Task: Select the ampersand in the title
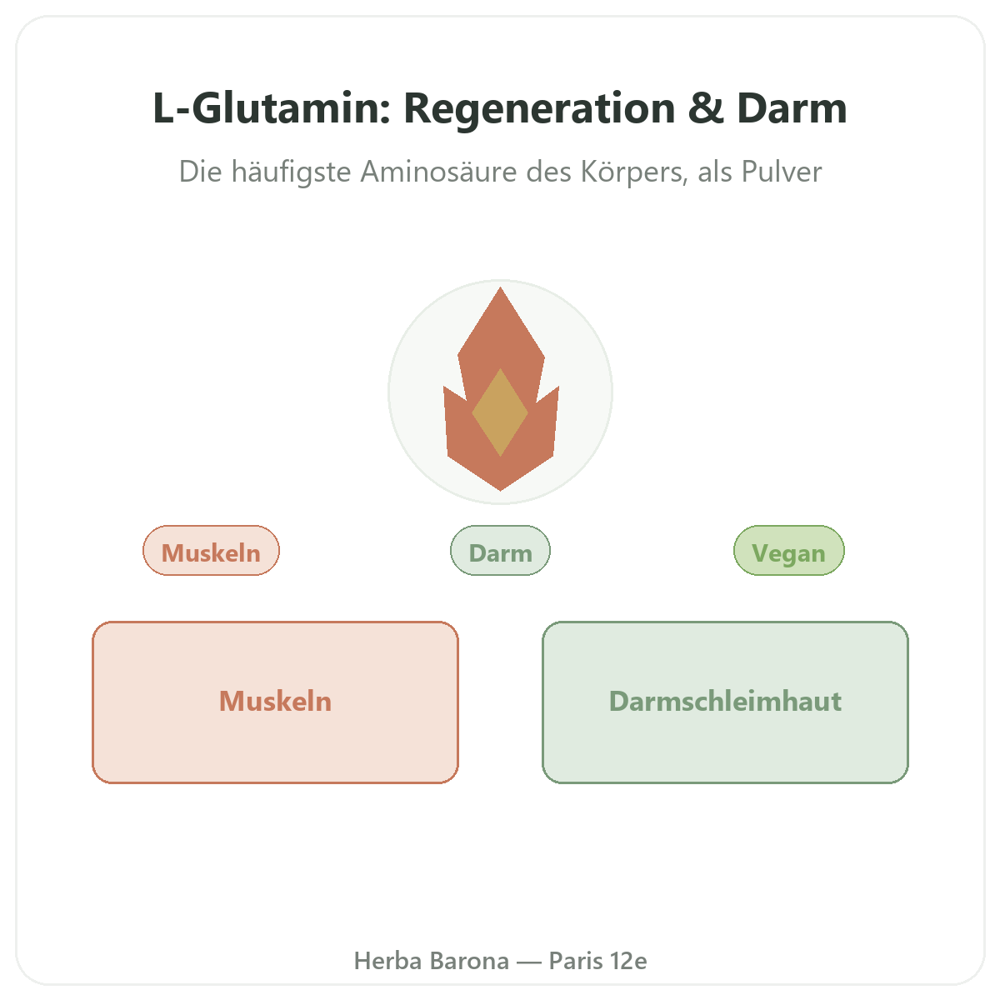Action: point(706,108)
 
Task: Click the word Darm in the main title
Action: point(792,108)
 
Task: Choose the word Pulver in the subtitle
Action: point(782,172)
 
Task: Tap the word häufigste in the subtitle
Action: point(291,172)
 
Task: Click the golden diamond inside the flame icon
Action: point(500,412)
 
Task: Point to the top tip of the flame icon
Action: point(500,287)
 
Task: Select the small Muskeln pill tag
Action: point(211,551)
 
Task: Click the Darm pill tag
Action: point(500,551)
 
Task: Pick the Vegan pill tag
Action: point(789,551)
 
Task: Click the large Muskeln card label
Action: point(275,701)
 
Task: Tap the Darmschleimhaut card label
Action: point(725,701)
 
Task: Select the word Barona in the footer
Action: point(470,961)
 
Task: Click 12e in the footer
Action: point(628,961)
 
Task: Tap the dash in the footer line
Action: point(529,962)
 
